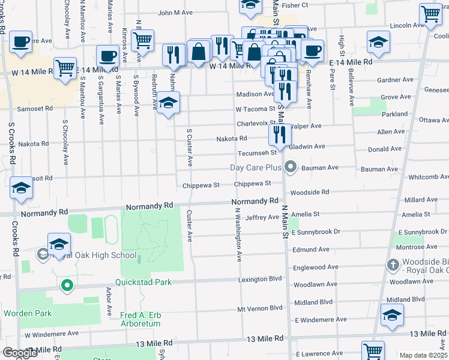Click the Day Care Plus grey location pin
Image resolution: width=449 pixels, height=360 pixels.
291,167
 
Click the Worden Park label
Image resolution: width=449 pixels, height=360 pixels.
27,313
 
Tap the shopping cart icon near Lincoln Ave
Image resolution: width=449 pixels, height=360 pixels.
430,14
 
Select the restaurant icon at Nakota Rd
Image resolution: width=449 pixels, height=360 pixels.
280,135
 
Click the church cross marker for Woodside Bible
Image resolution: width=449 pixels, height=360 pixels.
393,265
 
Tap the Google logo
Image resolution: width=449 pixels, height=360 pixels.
19,353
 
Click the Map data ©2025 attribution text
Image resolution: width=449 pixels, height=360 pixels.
423,355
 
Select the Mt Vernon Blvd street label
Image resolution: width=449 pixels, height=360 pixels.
259,308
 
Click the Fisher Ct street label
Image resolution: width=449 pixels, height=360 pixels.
294,5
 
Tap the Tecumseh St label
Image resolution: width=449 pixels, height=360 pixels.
255,153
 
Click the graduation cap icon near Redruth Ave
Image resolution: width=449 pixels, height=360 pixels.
169,103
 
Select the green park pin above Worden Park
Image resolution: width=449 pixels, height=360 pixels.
67,285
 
